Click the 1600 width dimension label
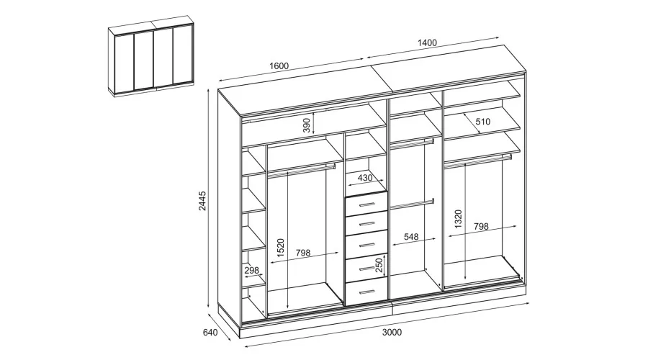click(x=279, y=66)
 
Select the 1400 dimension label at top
click(x=427, y=42)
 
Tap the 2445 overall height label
click(x=202, y=201)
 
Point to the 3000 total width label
click(x=392, y=333)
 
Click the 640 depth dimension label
click(x=210, y=333)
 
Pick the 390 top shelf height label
click(x=306, y=125)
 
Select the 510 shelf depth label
click(x=482, y=122)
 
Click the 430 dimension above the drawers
click(x=364, y=178)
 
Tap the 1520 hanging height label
click(x=281, y=248)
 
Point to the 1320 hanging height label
click(x=458, y=219)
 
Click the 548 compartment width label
click(x=411, y=237)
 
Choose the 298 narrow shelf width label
click(x=251, y=271)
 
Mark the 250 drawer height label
click(x=379, y=266)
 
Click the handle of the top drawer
click(x=366, y=204)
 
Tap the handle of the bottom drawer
click(x=366, y=292)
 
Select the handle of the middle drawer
click(x=366, y=245)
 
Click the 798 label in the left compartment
click(x=303, y=253)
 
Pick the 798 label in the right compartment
click(x=481, y=227)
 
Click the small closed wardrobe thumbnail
click(x=151, y=56)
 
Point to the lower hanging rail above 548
click(x=412, y=204)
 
